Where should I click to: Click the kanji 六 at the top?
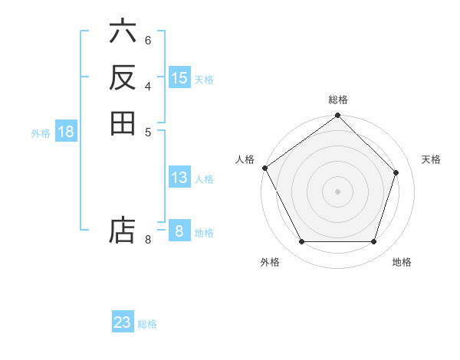click(x=123, y=33)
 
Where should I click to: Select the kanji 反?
click(x=123, y=77)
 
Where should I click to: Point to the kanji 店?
click(x=123, y=231)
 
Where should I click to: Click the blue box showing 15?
click(x=179, y=78)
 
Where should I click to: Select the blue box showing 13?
click(x=179, y=178)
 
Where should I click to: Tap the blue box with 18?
click(x=66, y=132)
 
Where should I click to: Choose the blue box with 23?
click(x=123, y=322)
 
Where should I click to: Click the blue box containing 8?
click(x=179, y=231)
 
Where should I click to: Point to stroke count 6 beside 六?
click(x=148, y=40)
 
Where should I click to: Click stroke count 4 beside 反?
click(x=148, y=85)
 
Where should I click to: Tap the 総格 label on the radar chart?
click(x=338, y=100)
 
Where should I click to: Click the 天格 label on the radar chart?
click(x=432, y=159)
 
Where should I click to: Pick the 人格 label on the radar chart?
click(x=245, y=159)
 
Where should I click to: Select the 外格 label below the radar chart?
click(x=270, y=263)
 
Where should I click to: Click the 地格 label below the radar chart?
click(x=402, y=263)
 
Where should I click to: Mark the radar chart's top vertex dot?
click(x=338, y=116)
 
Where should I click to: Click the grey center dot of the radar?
click(x=338, y=191)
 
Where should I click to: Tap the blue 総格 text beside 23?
click(x=147, y=324)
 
